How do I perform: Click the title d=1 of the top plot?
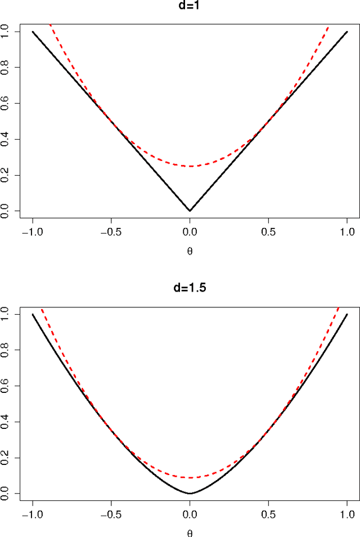click(190, 7)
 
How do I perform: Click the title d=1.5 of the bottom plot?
click(190, 289)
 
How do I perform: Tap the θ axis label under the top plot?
click(190, 251)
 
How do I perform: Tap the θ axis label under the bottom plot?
click(190, 533)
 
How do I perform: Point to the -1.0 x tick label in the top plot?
click(33, 231)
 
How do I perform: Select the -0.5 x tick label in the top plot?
click(111, 231)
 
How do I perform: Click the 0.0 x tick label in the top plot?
click(190, 231)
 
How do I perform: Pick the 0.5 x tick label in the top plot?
click(268, 231)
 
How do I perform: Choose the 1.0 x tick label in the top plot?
click(347, 231)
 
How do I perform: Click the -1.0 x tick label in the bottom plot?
click(33, 514)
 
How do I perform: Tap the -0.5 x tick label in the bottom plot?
click(111, 514)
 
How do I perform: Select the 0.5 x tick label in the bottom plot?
click(268, 514)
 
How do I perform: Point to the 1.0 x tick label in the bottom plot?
click(347, 514)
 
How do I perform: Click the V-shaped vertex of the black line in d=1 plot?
click(190, 211)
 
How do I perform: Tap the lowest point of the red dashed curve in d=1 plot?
click(190, 166)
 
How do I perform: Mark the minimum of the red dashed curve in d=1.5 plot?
click(190, 477)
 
